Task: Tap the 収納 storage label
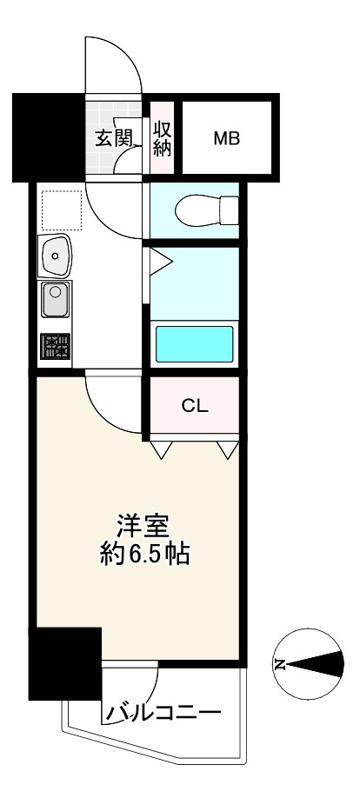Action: tap(163, 137)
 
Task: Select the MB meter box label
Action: tap(227, 138)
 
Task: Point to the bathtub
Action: tap(194, 344)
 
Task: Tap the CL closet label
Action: tap(195, 406)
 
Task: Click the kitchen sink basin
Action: tap(56, 298)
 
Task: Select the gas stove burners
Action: tap(55, 347)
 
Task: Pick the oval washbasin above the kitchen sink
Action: tap(54, 256)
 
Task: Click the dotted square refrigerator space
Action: tap(62, 210)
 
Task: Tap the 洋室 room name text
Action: tap(143, 527)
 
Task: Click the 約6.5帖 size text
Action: tap(144, 554)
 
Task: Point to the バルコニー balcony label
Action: tap(163, 712)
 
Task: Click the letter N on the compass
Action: tap(279, 664)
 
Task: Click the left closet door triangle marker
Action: tap(161, 449)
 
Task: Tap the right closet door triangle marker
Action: tap(228, 449)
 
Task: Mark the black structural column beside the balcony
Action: tap(65, 663)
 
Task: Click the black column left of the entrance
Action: tap(49, 138)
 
